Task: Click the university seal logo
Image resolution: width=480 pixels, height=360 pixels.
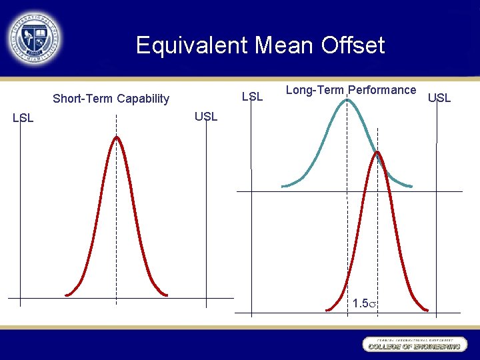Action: coord(34,38)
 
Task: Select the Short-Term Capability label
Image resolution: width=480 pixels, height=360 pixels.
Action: coord(111,99)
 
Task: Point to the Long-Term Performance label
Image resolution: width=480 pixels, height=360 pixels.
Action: coord(351,90)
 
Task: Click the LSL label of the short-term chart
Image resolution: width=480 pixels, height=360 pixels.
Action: coord(23,118)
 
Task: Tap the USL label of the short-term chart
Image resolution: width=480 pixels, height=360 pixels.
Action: coord(206,117)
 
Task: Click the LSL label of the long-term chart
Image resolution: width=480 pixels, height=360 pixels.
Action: coord(252,97)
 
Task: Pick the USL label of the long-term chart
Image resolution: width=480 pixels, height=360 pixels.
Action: coord(439,98)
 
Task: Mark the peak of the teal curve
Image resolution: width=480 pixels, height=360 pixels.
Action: coord(347,100)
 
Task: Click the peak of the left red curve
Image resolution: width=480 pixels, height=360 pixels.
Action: coord(117,137)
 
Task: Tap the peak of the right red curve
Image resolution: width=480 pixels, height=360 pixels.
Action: coord(377,153)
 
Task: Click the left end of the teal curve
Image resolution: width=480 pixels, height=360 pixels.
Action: coord(283,185)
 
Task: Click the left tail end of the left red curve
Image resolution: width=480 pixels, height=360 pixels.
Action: coord(66,294)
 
